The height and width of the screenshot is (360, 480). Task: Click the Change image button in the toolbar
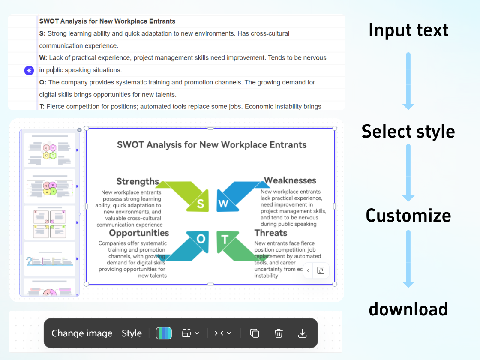tap(82, 333)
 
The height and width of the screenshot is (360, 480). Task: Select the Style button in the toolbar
tap(132, 333)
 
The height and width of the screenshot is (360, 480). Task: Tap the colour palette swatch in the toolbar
tap(164, 333)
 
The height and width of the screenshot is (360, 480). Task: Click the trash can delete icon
tap(279, 333)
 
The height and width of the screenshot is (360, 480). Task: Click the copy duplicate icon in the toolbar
tap(255, 333)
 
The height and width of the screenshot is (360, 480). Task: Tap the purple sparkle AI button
tap(29, 71)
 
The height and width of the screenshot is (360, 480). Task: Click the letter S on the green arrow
tap(200, 204)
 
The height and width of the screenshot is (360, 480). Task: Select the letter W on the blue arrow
tap(223, 204)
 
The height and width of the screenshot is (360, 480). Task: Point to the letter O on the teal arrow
tap(201, 239)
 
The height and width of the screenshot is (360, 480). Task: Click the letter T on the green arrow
tap(225, 239)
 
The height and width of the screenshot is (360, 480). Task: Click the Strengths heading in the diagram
tap(138, 182)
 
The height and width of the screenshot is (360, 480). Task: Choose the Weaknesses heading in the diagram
tap(290, 180)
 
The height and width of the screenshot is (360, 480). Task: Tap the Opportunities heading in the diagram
tap(139, 233)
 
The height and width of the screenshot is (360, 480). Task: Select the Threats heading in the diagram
tap(271, 233)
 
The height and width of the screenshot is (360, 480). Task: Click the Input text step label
tap(408, 30)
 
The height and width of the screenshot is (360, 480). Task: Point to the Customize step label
tap(408, 215)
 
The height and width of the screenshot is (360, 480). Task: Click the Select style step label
tap(408, 131)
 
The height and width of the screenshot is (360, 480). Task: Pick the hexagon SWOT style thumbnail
tap(50, 150)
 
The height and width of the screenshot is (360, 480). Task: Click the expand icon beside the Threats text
tap(321, 270)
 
